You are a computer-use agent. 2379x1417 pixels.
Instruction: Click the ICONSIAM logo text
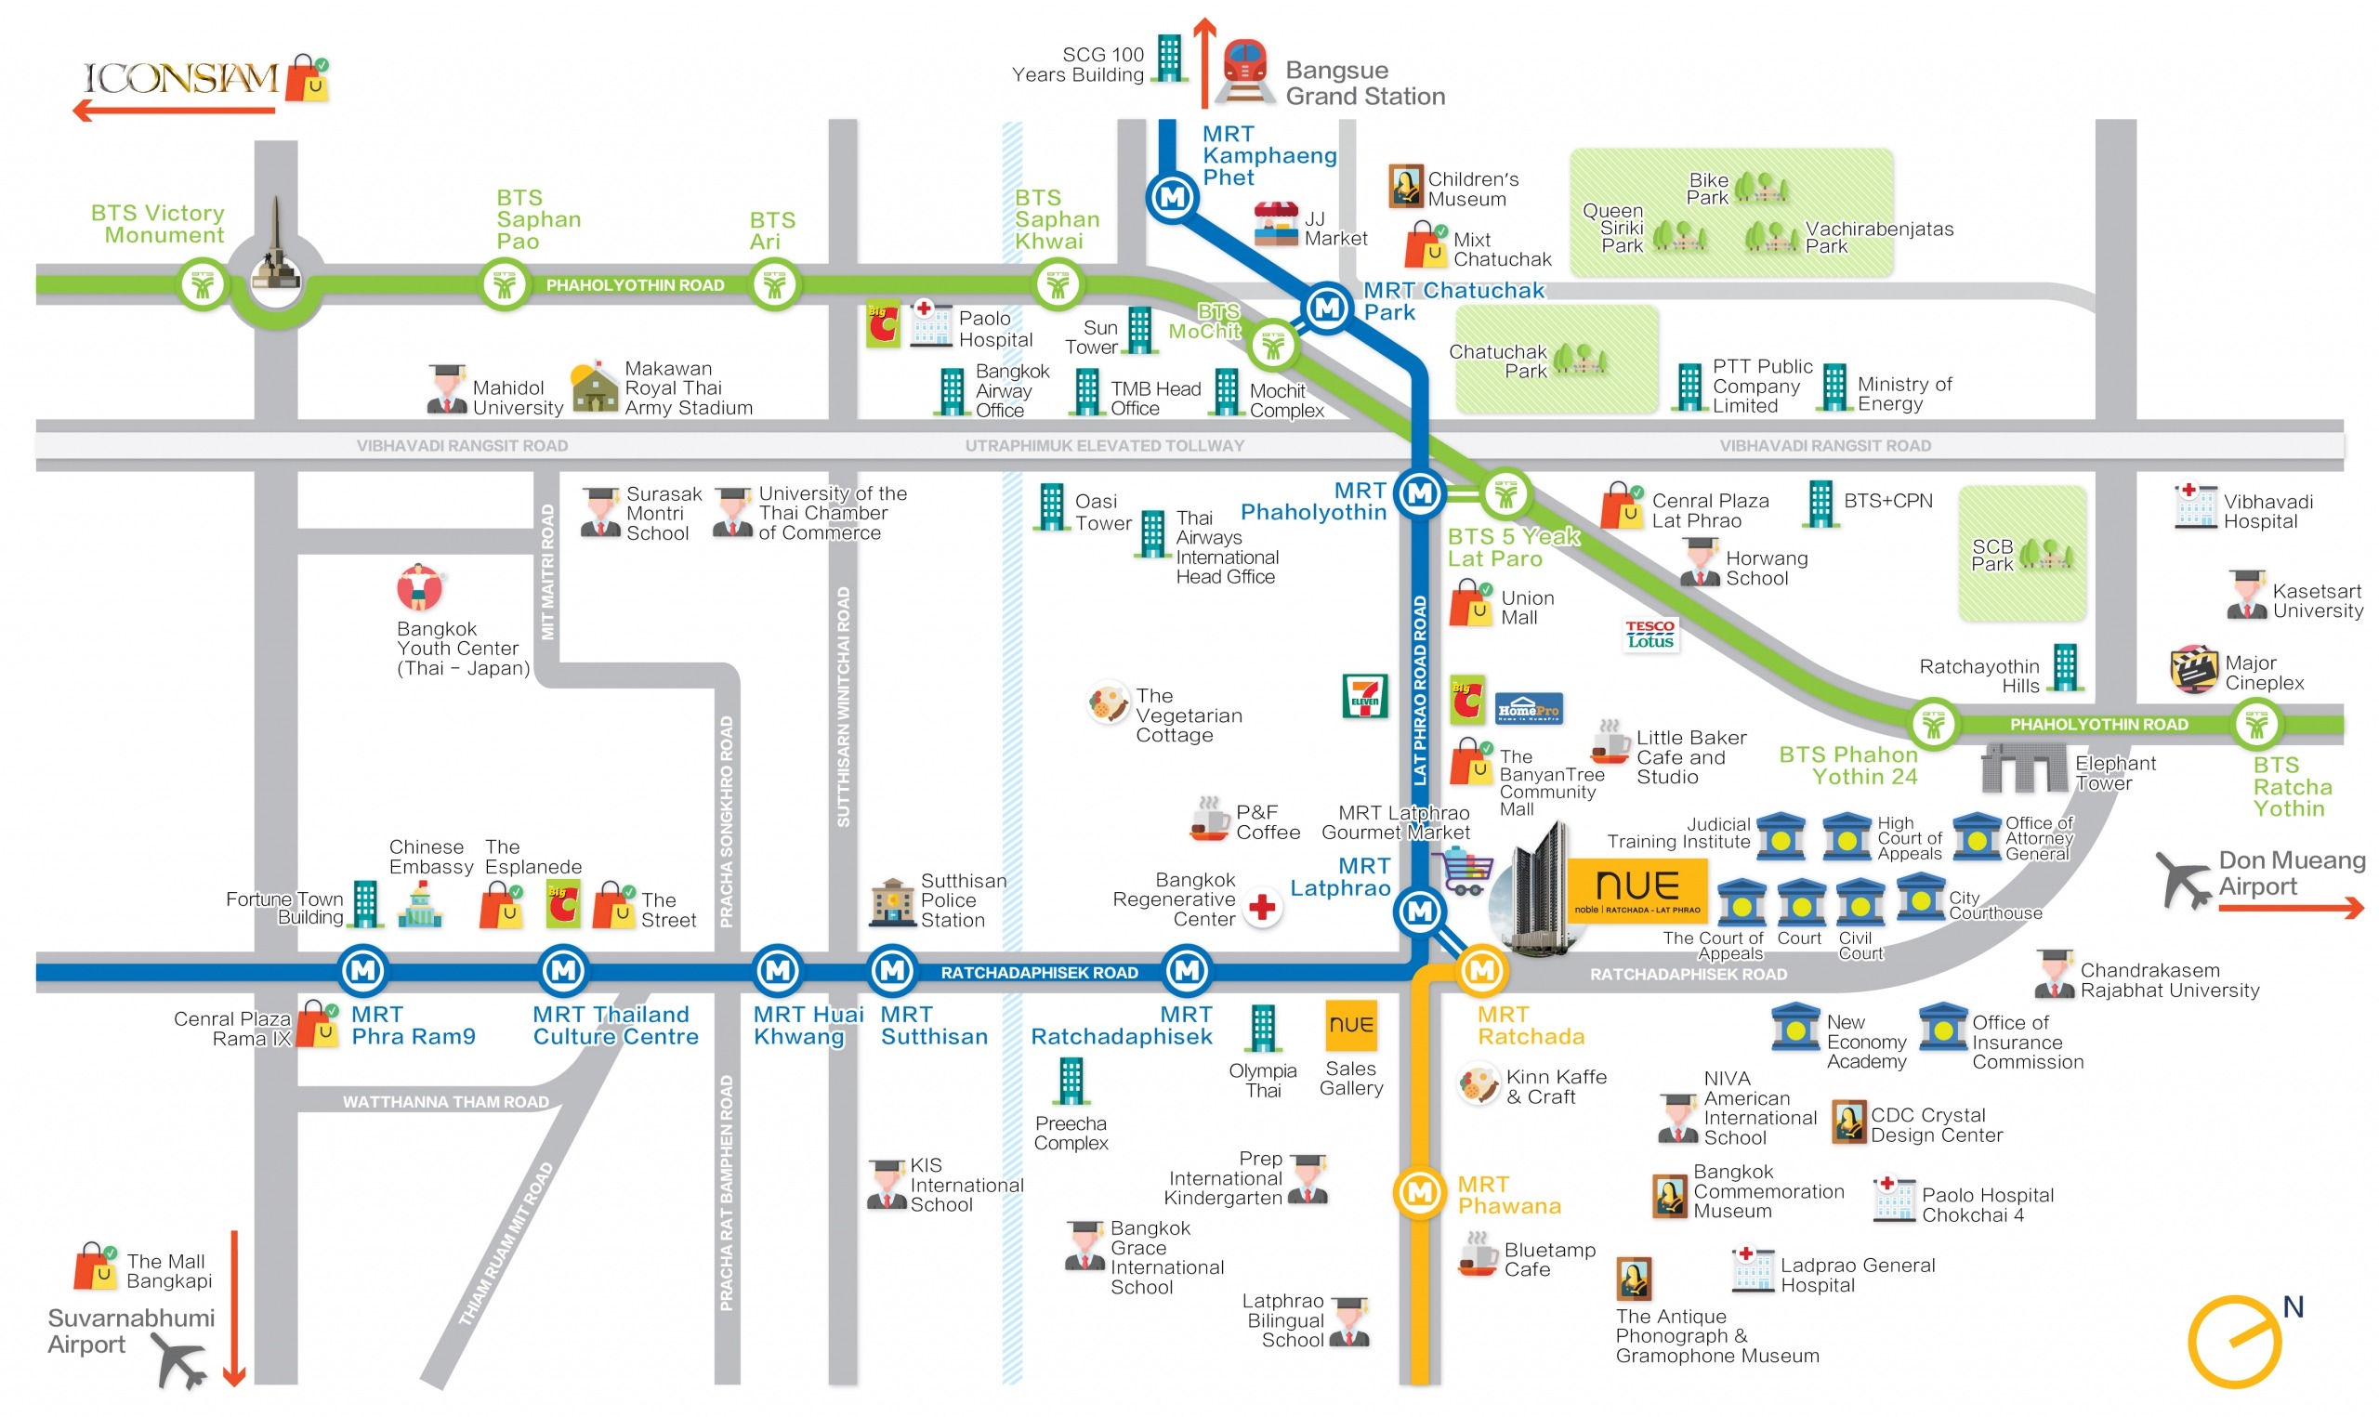180,78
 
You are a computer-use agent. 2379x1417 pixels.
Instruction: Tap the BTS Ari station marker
774,284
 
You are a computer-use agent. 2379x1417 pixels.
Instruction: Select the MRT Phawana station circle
1420,1193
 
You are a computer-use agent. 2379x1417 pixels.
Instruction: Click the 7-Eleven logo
1364,697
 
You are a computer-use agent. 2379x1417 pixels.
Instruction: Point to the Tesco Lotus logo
1650,635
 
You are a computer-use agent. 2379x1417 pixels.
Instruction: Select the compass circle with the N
2234,1342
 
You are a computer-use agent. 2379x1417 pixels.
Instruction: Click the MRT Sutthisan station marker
893,971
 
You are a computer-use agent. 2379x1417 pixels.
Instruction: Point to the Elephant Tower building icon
2023,768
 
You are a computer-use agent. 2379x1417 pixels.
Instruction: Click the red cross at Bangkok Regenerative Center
1262,907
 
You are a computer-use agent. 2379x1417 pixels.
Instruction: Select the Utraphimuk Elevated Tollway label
1105,446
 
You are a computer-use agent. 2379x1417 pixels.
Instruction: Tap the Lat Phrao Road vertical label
1420,690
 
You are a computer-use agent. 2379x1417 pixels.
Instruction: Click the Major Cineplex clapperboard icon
2193,669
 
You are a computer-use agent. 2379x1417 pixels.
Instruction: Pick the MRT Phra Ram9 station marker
363,971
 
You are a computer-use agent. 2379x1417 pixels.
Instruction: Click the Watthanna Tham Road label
446,1102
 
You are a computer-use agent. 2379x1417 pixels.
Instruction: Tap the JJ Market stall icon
1275,224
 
